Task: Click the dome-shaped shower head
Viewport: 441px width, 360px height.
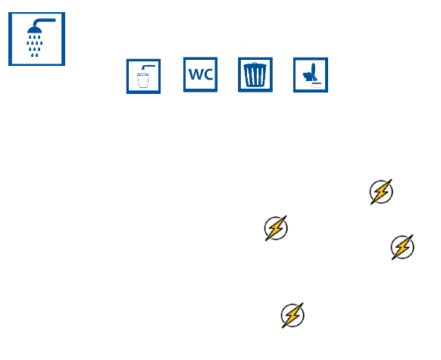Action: (x=34, y=30)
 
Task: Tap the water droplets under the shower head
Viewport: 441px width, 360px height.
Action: (x=34, y=45)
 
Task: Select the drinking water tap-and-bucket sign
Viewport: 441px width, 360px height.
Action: (x=143, y=77)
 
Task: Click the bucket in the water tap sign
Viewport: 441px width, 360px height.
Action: (x=143, y=81)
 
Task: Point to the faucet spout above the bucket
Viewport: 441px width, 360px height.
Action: (x=148, y=67)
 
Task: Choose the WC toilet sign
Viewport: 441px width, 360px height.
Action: (x=200, y=74)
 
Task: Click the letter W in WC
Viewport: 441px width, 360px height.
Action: (x=195, y=74)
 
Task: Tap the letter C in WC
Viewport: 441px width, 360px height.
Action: (x=208, y=74)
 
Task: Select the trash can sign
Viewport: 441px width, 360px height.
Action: (x=255, y=75)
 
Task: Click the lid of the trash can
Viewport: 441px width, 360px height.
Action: (x=255, y=65)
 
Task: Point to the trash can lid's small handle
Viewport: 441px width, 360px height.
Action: (x=255, y=63)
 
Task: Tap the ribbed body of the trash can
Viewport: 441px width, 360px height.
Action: (x=255, y=77)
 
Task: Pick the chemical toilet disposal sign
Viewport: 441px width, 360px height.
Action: (x=311, y=75)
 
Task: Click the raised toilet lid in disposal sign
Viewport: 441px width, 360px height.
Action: (x=314, y=70)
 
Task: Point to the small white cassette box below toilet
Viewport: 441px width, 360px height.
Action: (x=317, y=85)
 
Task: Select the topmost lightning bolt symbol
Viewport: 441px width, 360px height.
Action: (x=381, y=192)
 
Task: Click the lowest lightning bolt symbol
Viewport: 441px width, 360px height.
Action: (x=292, y=315)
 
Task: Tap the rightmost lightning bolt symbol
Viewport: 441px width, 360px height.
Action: (x=402, y=247)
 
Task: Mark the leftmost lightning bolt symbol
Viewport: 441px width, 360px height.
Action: (x=276, y=228)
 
